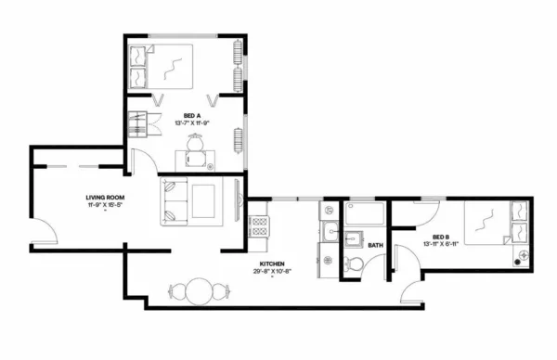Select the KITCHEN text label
click(x=272, y=264)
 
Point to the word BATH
click(x=375, y=246)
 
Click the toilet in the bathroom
click(x=353, y=266)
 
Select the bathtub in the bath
click(x=365, y=216)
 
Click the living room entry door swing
click(x=45, y=235)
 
